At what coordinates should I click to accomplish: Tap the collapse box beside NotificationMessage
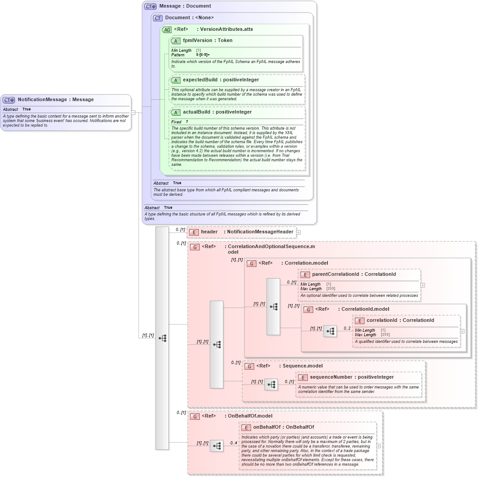point(133,113)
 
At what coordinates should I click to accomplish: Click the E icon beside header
point(193,232)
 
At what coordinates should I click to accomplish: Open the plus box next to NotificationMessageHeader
point(298,232)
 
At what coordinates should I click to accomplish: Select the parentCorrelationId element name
point(335,274)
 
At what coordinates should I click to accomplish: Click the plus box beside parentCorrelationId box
point(423,285)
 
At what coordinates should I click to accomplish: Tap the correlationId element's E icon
point(360,321)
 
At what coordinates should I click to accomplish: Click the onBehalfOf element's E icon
point(246,427)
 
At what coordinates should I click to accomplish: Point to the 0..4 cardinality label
point(234,443)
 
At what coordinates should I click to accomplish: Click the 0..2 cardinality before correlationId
point(347,329)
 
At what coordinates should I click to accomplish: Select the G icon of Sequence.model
point(249,366)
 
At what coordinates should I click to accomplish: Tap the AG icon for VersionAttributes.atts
point(167,30)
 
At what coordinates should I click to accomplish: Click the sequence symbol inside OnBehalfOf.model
point(217,446)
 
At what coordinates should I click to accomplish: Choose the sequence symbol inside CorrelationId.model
point(331,331)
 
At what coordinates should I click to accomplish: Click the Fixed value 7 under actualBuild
point(187,122)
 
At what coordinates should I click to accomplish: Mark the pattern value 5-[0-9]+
point(203,55)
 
